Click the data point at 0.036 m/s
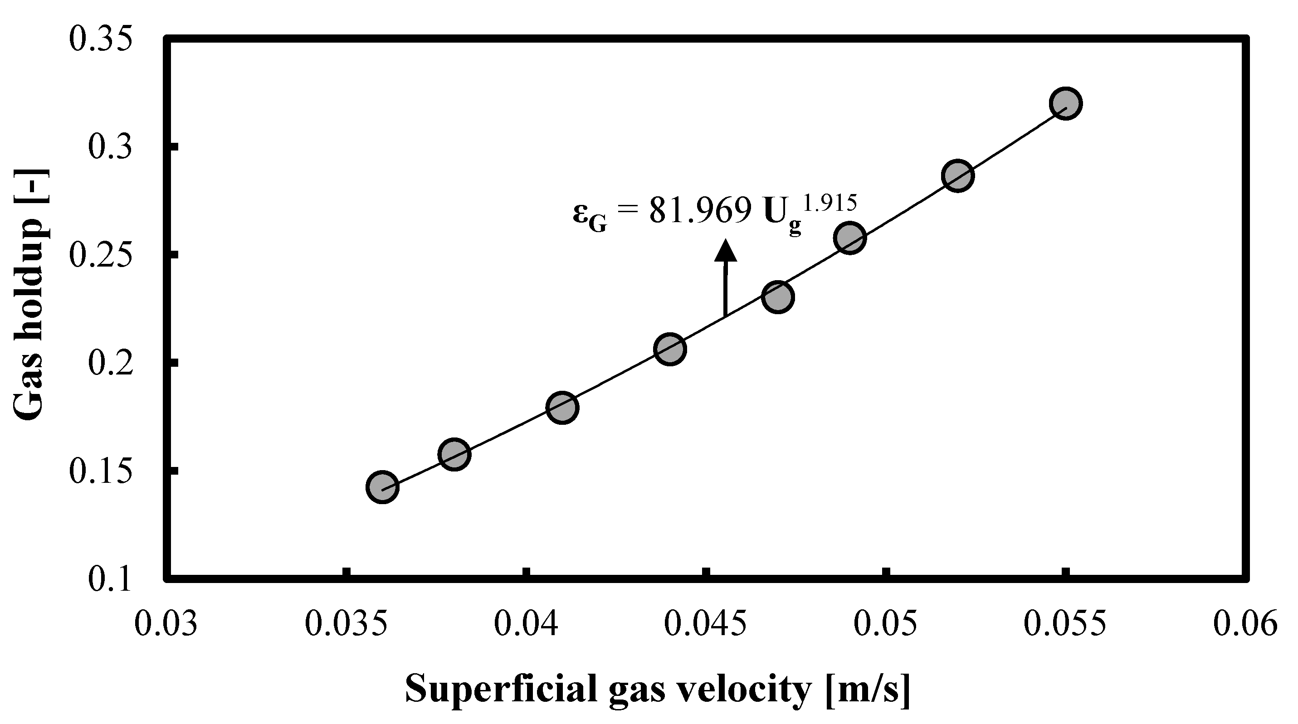(382, 487)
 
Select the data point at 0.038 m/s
(454, 454)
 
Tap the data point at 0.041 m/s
(562, 407)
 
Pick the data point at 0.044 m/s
(670, 349)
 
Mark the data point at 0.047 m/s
(778, 297)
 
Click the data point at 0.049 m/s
(849, 238)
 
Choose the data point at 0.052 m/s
(957, 176)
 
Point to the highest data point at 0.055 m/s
(1065, 103)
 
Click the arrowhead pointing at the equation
(726, 250)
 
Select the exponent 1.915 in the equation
(830, 202)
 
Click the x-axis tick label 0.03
(166, 623)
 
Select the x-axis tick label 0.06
(1245, 623)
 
